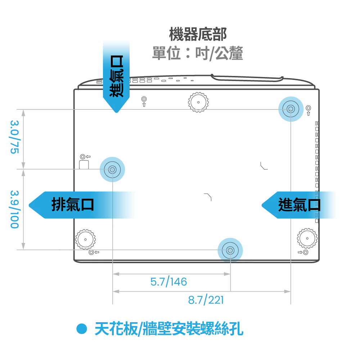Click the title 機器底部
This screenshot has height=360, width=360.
point(198,35)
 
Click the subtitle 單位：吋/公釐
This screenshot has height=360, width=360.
point(198,53)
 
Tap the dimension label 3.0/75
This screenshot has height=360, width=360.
point(15,137)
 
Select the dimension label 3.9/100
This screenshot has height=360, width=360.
point(15,210)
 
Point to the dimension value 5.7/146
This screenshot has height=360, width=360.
point(169,282)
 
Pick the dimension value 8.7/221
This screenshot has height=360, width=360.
point(206,300)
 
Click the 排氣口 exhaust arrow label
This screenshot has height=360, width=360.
point(73,204)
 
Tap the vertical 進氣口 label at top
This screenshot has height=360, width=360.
point(117,76)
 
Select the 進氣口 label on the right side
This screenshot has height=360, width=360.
point(300,204)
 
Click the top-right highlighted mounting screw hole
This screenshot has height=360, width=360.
point(291,109)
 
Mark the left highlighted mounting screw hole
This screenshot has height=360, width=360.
point(112,170)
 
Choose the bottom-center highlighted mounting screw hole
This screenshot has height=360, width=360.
point(230,250)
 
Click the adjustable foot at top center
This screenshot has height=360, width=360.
point(198,102)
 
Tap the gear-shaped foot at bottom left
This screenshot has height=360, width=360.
point(85,239)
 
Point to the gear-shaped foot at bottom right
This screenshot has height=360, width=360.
point(307,238)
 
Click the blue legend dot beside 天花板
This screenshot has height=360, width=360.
point(81,329)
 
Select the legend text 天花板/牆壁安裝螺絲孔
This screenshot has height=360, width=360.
point(169,329)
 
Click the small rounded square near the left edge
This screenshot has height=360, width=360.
point(84,165)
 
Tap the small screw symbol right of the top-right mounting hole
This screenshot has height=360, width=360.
point(309,110)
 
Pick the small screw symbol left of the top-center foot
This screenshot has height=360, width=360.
point(144,102)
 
